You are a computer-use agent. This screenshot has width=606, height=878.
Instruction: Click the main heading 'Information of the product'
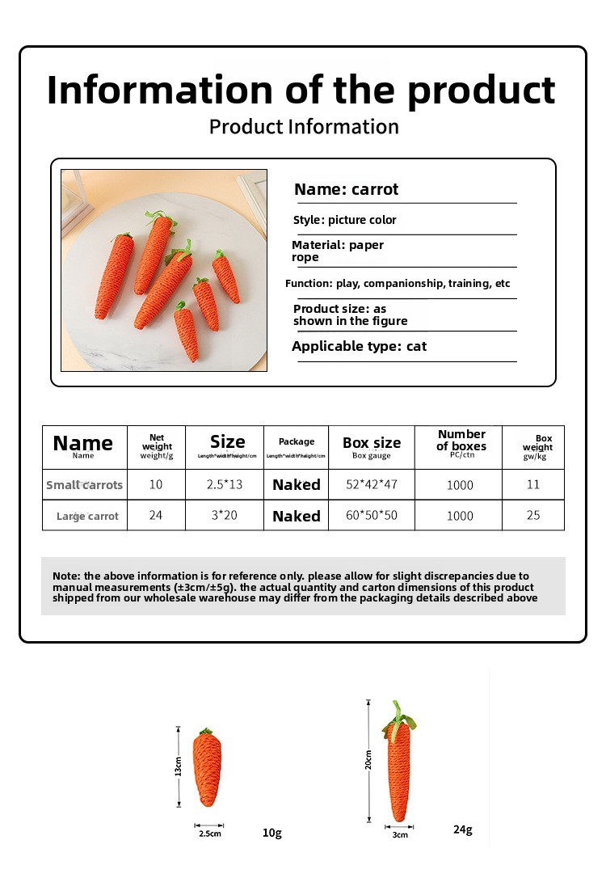pos(301,91)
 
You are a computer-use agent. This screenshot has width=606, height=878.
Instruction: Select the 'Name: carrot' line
pos(346,190)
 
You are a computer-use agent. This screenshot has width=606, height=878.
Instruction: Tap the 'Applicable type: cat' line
pos(359,347)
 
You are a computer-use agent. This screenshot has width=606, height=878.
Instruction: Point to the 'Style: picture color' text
pos(344,220)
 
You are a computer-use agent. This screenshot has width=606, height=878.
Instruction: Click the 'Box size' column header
pos(372,443)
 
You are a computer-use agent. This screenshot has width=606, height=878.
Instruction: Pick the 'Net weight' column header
pos(157,442)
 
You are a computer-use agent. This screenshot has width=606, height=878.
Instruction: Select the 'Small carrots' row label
pos(84,485)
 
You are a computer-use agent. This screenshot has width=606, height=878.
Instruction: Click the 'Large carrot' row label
pos(87,516)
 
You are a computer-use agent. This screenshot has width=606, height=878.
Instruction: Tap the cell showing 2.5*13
pos(224,484)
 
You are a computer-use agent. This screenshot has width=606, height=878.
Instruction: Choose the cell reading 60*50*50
pos(372,515)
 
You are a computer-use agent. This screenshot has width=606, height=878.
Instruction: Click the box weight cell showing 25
pos(533,515)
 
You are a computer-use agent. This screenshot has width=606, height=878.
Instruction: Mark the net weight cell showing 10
pos(156,484)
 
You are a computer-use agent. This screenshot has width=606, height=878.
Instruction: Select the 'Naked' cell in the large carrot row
pos(296,516)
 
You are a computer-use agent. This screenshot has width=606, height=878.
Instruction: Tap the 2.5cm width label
pos(209,833)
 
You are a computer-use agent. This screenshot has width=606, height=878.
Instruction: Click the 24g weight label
pos(463,829)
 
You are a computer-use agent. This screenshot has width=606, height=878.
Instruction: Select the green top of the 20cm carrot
pos(398,715)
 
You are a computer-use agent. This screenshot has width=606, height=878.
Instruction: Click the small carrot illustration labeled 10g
pos(208,768)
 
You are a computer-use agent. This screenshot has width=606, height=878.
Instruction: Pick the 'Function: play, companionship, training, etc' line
pos(398,284)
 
